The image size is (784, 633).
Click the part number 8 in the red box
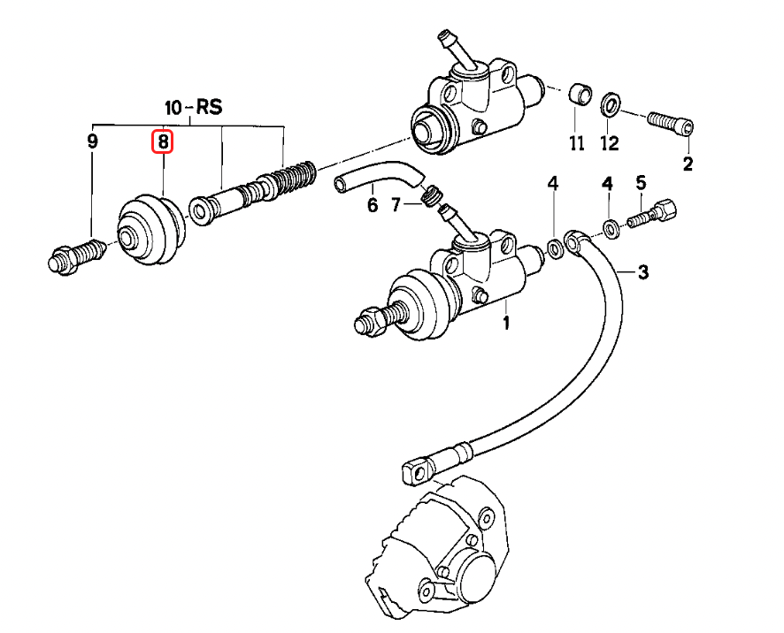click(164, 141)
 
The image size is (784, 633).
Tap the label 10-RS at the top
click(194, 108)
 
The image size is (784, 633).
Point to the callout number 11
click(577, 141)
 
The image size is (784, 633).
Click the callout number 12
click(610, 141)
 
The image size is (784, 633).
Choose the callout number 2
click(688, 163)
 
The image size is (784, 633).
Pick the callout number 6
click(372, 205)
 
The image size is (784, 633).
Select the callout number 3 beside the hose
click(643, 272)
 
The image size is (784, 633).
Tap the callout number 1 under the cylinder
click(506, 323)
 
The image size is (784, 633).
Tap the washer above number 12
click(610, 104)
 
